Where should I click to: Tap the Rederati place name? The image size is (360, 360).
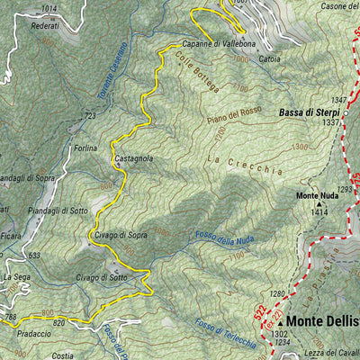pyautogui.click(x=45, y=25)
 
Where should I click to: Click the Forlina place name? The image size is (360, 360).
pyautogui.click(x=86, y=148)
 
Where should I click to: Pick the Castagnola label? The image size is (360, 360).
pyautogui.click(x=133, y=158)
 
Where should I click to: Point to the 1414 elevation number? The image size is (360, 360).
pyautogui.click(x=319, y=212)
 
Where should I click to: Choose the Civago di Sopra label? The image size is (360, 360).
pyautogui.click(x=120, y=235)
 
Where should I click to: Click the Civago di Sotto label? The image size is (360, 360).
pyautogui.click(x=101, y=277)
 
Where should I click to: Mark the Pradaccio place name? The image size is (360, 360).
pyautogui.click(x=32, y=331)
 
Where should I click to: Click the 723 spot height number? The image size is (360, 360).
pyautogui.click(x=89, y=116)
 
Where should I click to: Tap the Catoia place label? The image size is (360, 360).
pyautogui.click(x=269, y=58)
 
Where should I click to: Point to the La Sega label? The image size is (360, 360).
pyautogui.click(x=16, y=277)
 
